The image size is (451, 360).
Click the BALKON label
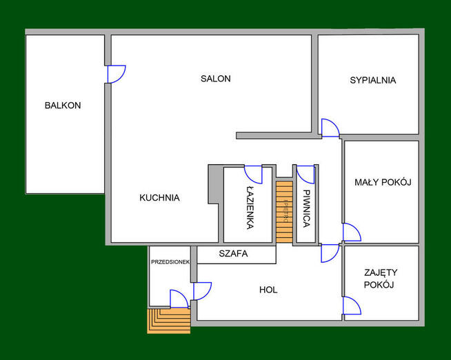click(63, 106)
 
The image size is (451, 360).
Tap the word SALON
click(215, 79)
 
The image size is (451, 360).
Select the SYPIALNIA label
click(372, 80)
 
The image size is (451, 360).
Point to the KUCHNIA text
click(159, 197)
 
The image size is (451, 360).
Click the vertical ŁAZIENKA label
click(250, 209)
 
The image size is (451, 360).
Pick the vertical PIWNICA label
click(305, 209)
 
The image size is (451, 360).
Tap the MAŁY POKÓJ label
click(383, 182)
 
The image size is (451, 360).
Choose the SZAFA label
click(233, 254)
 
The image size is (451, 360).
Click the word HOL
click(268, 290)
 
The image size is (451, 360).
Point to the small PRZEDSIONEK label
click(170, 262)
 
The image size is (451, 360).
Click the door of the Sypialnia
click(330, 128)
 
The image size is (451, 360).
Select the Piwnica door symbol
click(305, 174)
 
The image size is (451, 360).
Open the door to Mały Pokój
click(351, 232)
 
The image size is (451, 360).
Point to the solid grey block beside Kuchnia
click(215, 184)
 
